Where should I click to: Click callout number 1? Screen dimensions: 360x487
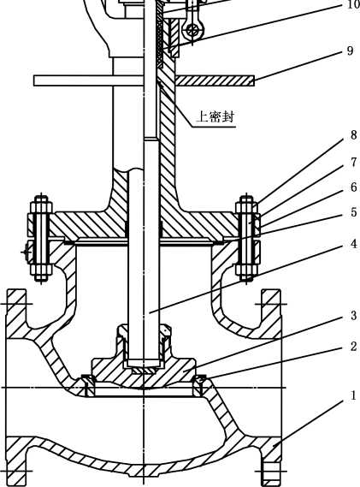[353, 395]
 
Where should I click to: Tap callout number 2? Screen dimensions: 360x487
[353, 346]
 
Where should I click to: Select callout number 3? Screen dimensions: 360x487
[353, 315]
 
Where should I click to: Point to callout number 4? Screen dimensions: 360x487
[353, 244]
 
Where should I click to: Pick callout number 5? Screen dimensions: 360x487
[353, 212]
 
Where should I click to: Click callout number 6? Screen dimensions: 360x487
[353, 187]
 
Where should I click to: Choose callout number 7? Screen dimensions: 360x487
[353, 162]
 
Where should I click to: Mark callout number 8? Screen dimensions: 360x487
[353, 135]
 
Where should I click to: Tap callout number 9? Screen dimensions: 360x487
[350, 50]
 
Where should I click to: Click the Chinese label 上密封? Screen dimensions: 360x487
[215, 117]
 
